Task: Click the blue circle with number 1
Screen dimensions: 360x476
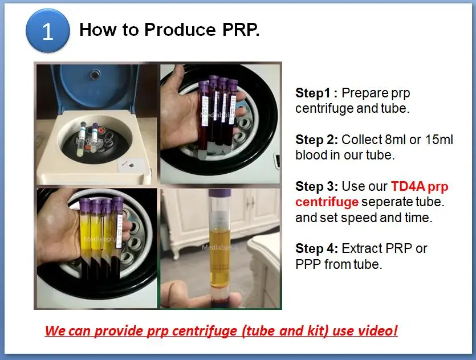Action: pyautogui.click(x=48, y=31)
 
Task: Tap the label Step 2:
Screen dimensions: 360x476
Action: pyautogui.click(x=317, y=140)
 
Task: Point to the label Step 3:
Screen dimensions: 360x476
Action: pyautogui.click(x=317, y=186)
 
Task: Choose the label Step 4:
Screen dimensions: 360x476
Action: pyautogui.click(x=317, y=248)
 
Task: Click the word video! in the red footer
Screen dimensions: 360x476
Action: pyautogui.click(x=377, y=330)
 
